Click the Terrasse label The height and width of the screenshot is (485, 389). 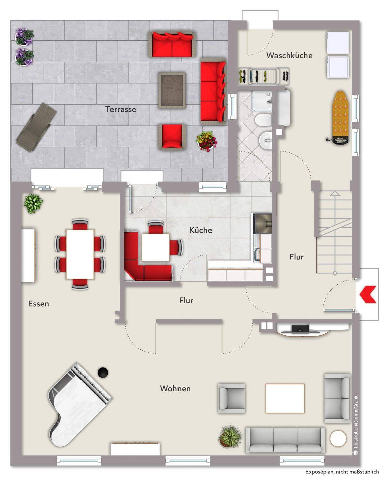tap(121, 109)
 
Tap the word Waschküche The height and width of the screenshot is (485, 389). tap(289, 56)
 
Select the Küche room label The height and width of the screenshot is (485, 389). tap(201, 230)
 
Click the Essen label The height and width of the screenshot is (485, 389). tap(38, 304)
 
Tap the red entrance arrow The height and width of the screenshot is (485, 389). tap(368, 295)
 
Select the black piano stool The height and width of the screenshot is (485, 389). tap(103, 372)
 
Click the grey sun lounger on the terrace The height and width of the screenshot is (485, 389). tap(36, 127)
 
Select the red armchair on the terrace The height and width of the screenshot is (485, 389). tap(172, 136)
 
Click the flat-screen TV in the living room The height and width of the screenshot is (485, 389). tap(300, 329)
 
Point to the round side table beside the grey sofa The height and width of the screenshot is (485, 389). tap(338, 439)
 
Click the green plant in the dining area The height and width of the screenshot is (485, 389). tap(34, 203)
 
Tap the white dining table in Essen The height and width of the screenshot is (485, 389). tap(80, 254)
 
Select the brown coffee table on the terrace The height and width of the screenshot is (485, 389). tap(172, 90)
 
